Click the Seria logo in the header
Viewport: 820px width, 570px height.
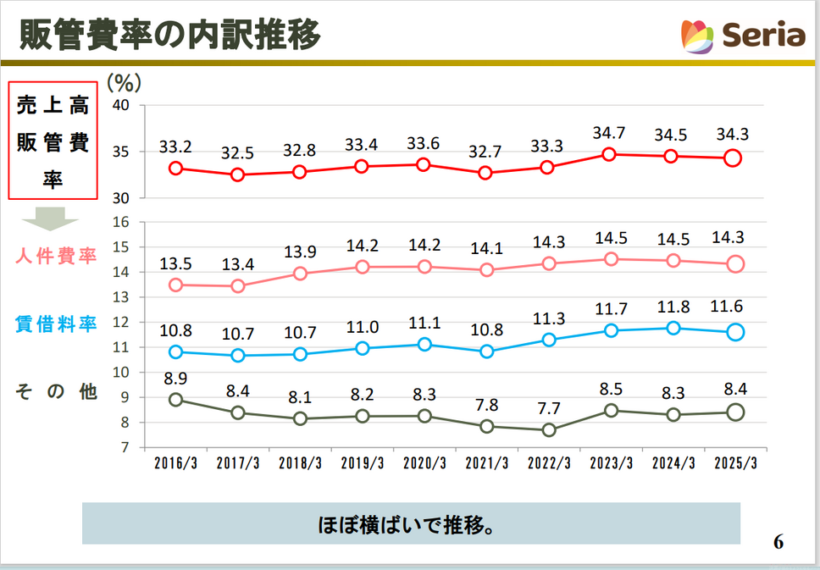coord(743,36)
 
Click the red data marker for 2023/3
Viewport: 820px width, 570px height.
coord(608,154)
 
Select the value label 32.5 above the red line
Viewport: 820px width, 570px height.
coord(237,153)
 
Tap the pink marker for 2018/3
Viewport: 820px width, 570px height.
coord(300,274)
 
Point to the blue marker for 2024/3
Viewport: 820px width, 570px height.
coord(673,328)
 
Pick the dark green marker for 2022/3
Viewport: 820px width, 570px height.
coord(548,430)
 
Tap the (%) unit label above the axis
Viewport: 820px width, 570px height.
coord(125,83)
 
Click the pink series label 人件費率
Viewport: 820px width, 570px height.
coord(56,256)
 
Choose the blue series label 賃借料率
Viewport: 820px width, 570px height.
coord(56,324)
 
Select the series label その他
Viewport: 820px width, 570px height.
coord(56,391)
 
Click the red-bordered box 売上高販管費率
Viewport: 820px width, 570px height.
coord(53,141)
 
